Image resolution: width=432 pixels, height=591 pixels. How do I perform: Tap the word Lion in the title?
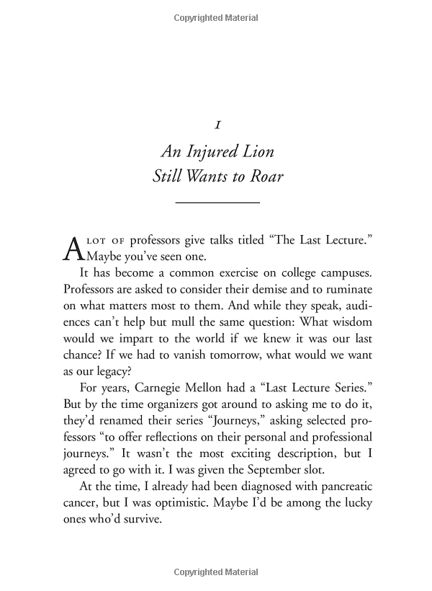pos(252,152)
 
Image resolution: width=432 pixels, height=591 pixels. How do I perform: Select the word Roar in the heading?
pos(266,177)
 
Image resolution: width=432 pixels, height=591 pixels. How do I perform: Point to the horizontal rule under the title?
pos(217,204)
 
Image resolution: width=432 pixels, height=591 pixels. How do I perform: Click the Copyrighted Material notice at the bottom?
pos(217,574)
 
